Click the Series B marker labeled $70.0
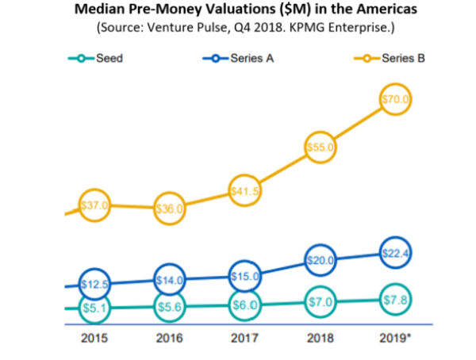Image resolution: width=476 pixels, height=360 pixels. point(393,100)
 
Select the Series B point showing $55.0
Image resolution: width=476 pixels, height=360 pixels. point(322,147)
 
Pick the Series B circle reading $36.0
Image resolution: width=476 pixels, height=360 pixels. point(170,209)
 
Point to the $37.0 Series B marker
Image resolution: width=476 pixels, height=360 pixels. point(96,206)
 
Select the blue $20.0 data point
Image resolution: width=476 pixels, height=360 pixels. point(322,260)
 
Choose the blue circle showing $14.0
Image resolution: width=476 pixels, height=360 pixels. point(170,280)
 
